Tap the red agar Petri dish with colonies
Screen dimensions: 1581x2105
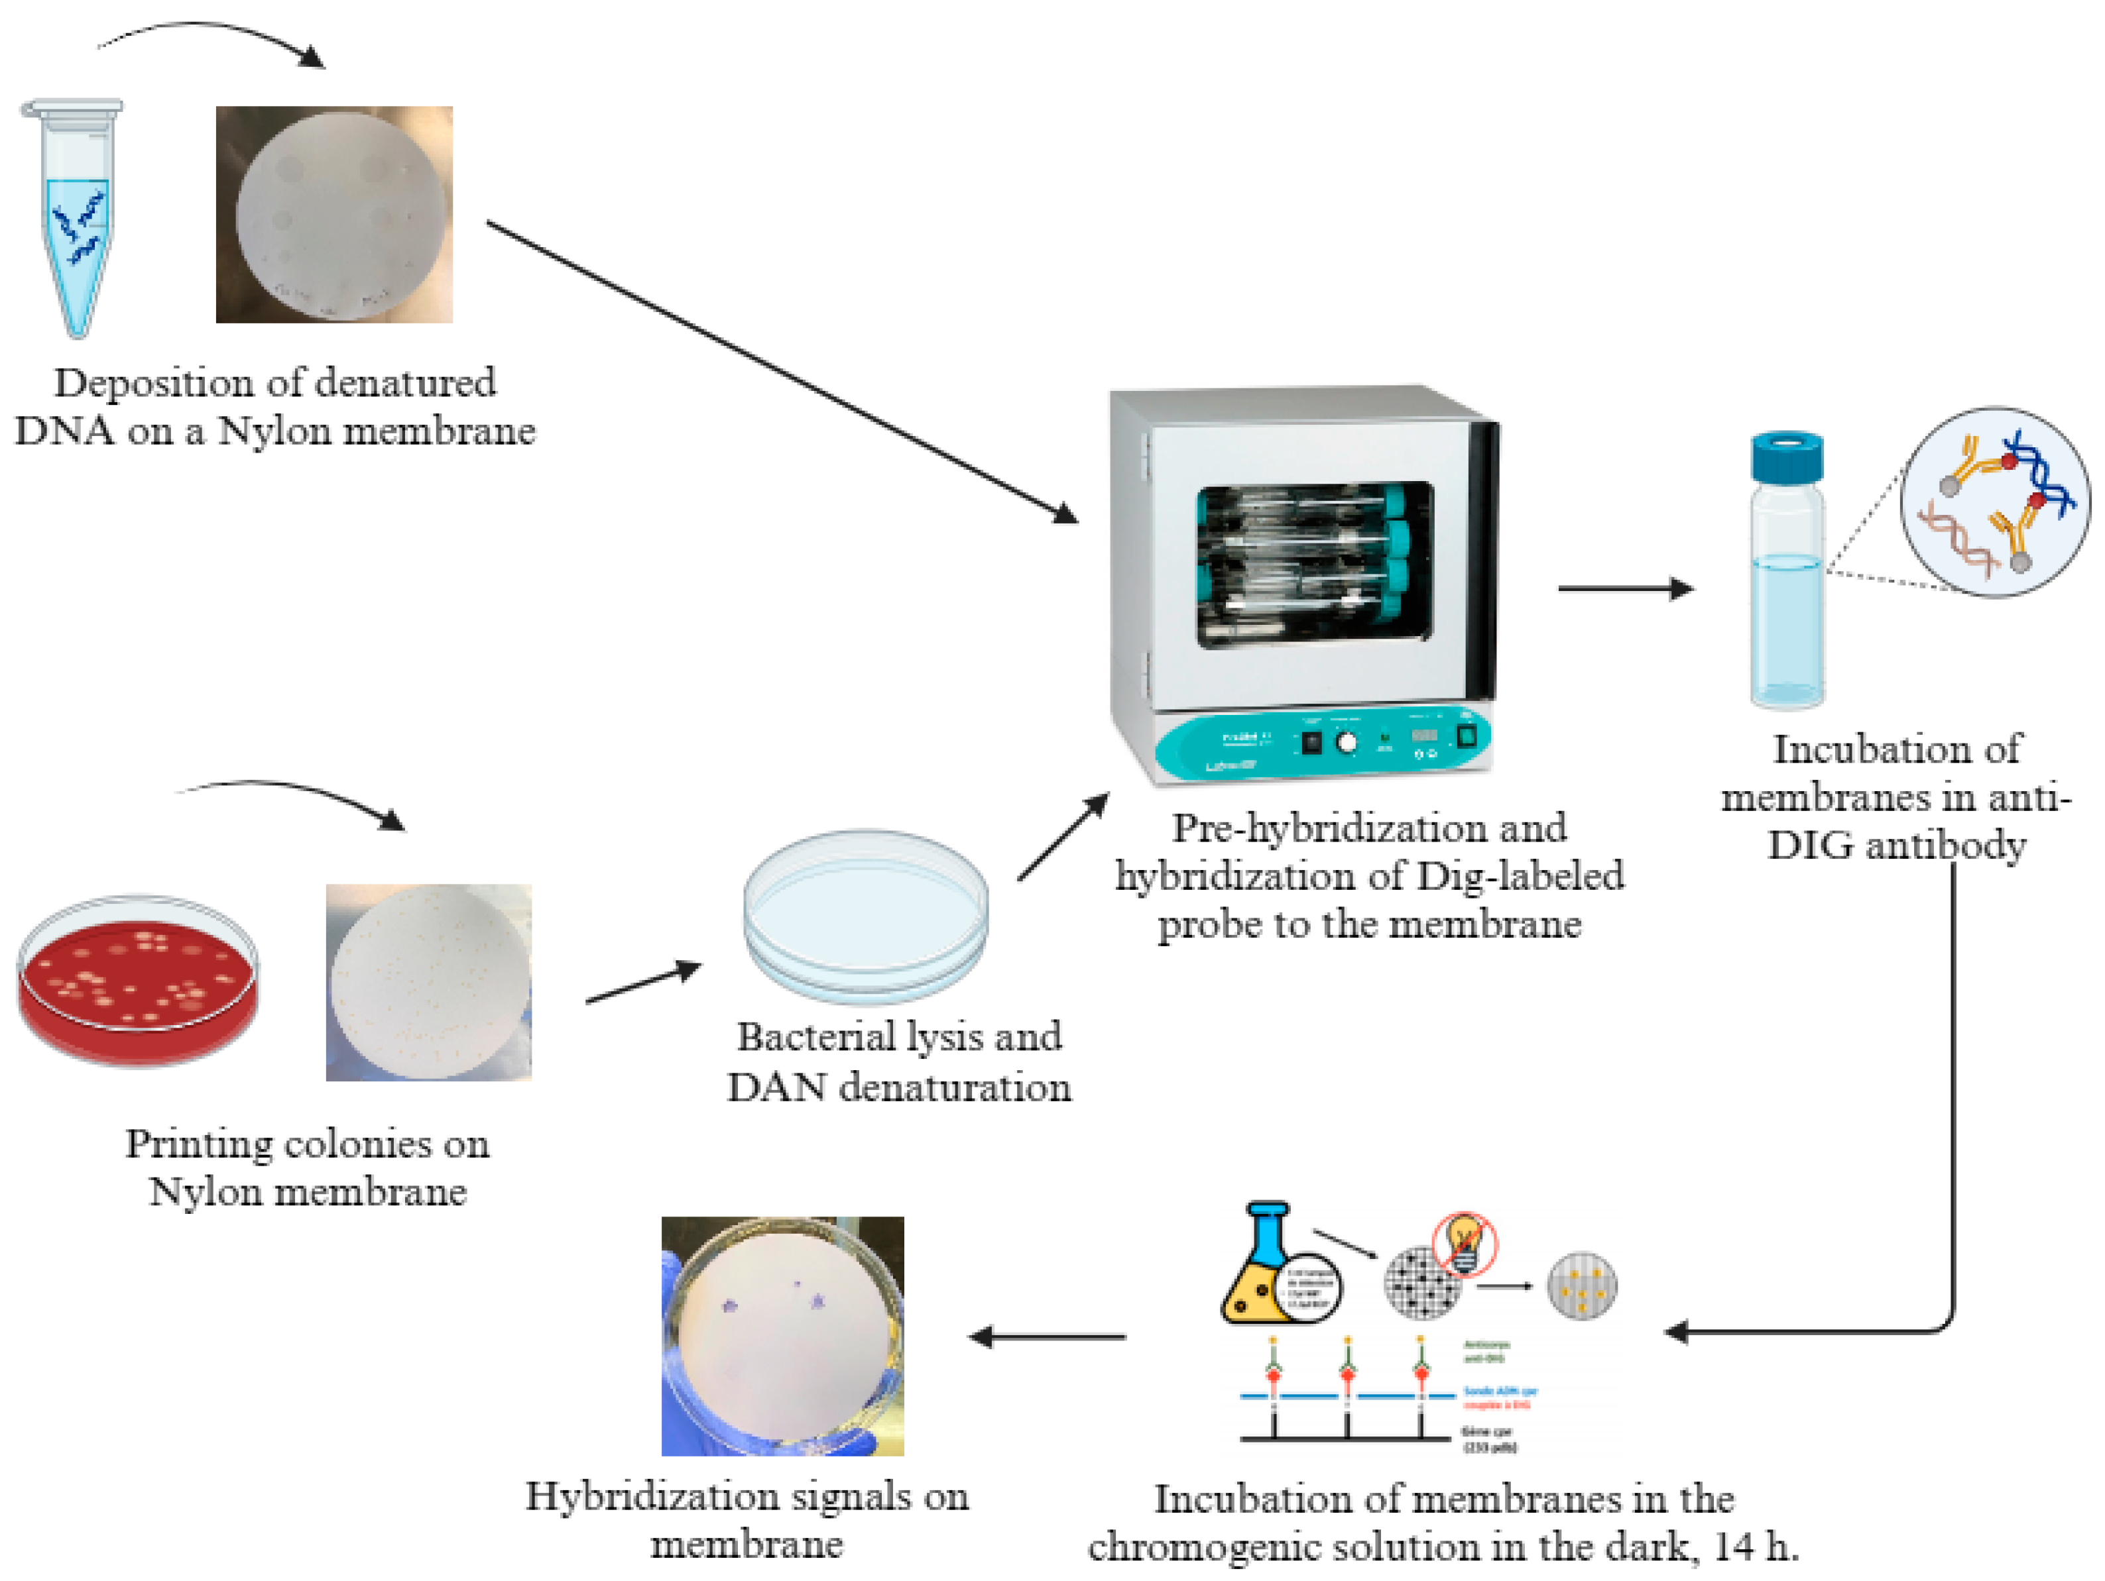[137, 980]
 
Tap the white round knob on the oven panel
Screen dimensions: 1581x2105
[1346, 743]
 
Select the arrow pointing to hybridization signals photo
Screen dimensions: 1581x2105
[1047, 1336]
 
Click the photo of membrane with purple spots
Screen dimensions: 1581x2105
[782, 1336]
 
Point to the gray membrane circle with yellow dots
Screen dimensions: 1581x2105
[1582, 1285]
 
